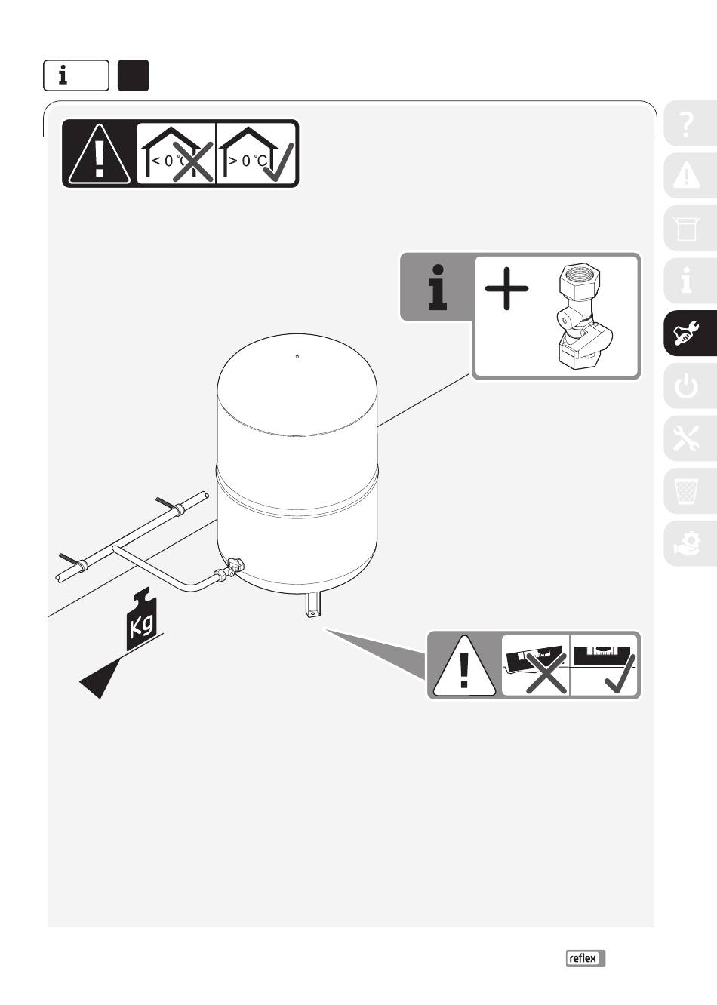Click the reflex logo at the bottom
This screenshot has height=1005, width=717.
click(586, 958)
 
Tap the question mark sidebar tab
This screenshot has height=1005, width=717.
click(688, 123)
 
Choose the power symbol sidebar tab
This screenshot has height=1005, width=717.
click(688, 386)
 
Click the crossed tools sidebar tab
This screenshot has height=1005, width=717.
click(688, 438)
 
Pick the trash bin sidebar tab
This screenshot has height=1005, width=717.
click(688, 491)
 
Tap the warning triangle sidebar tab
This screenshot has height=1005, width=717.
click(688, 176)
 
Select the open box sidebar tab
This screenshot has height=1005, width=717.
click(688, 229)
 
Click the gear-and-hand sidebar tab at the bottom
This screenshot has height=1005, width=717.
click(688, 543)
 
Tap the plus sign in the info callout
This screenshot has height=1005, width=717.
click(506, 288)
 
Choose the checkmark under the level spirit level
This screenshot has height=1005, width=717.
click(620, 674)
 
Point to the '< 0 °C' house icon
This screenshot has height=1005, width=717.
click(176, 154)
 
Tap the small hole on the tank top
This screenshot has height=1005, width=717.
click(297, 356)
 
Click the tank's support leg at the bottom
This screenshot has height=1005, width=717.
click(313, 606)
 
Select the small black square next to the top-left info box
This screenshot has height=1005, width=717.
click(134, 75)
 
